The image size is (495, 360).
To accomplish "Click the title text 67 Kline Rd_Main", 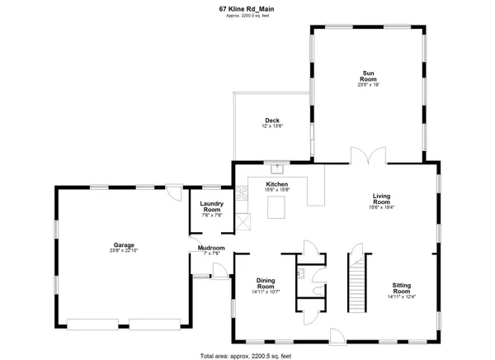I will [247, 10].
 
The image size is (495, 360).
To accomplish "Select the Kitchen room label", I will [276, 184].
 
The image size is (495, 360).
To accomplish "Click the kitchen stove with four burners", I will [243, 194].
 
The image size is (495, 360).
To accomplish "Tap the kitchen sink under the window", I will [276, 165].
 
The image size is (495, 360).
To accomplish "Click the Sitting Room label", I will [401, 289].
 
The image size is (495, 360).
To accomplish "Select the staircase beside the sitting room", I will [357, 286].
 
